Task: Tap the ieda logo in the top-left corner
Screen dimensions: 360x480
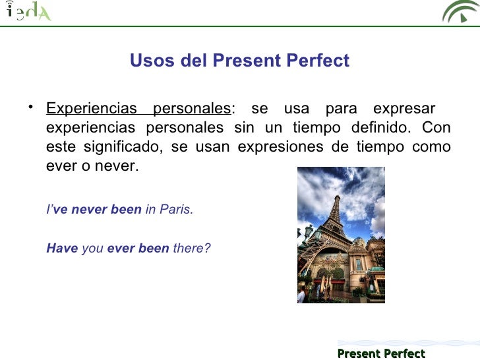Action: pos(28,11)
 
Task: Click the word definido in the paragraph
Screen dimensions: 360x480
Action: pos(379,127)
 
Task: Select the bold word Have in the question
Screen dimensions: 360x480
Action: pos(62,249)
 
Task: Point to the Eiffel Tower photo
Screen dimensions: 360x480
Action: pos(341,235)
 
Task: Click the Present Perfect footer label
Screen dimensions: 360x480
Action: pos(381,353)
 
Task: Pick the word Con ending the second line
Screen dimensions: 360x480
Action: pos(436,127)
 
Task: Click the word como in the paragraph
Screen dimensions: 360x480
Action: pos(431,146)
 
